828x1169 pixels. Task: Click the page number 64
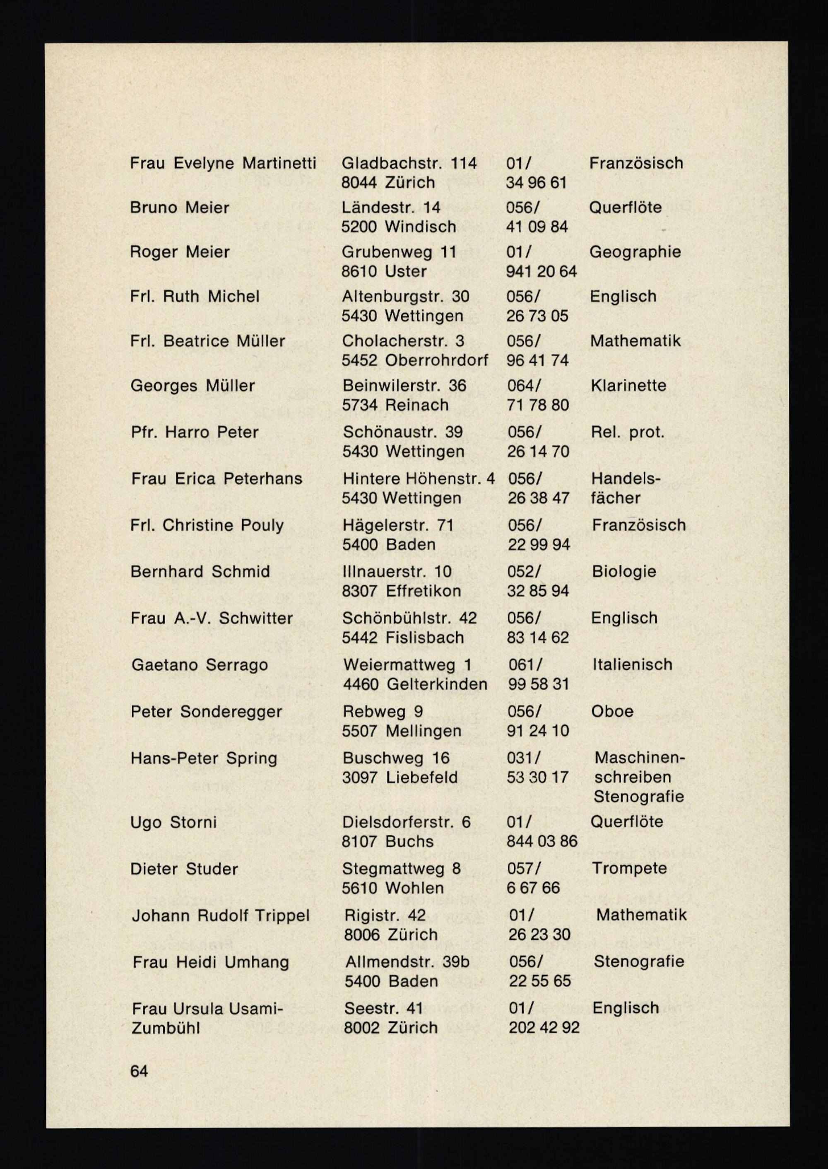point(139,1071)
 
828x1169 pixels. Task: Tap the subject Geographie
point(635,251)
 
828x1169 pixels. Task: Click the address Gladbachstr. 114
point(409,163)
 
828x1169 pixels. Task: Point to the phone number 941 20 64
point(541,271)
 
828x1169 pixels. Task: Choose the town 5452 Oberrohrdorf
point(414,360)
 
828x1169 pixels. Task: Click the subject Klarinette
point(628,385)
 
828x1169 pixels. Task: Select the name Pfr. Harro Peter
point(194,432)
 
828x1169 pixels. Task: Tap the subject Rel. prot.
point(628,432)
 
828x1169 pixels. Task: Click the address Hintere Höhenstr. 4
point(418,478)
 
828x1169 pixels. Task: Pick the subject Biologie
point(623,571)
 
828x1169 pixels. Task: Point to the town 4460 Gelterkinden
point(415,684)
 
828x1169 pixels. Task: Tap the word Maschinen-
point(639,758)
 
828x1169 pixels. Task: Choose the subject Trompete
point(629,868)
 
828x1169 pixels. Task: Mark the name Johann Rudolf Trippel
point(220,915)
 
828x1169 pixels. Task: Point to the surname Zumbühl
point(165,1028)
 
